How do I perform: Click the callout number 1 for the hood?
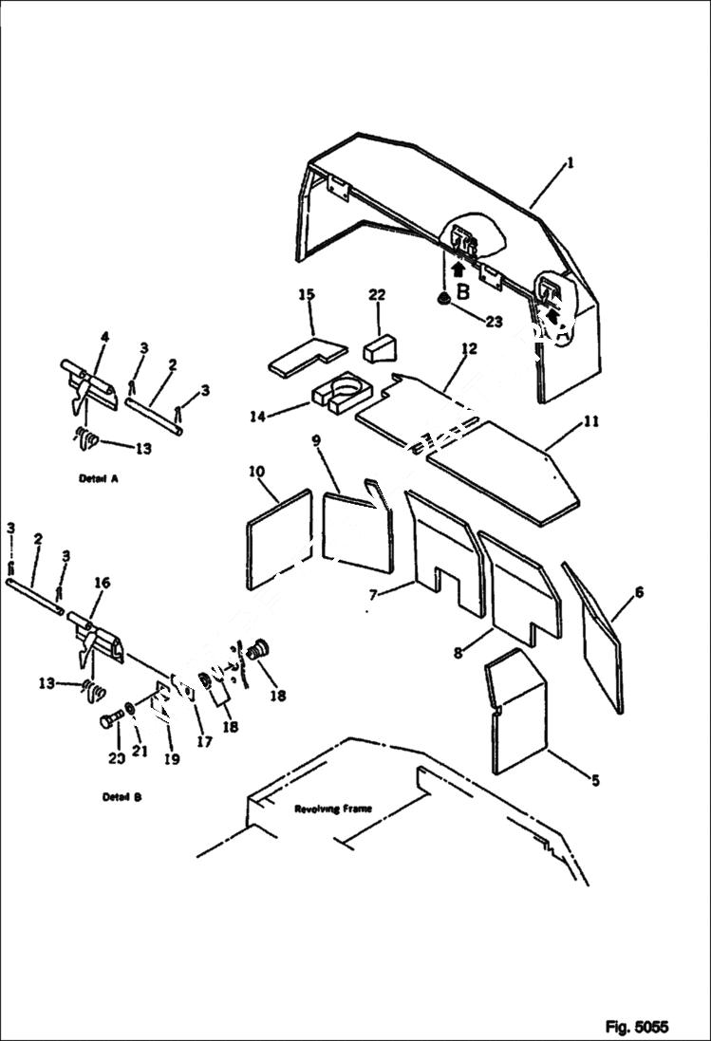[x=570, y=162]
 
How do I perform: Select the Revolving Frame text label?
[x=332, y=809]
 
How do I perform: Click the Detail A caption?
[x=99, y=479]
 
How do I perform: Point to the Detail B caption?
[x=122, y=797]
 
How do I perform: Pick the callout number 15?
[x=307, y=296]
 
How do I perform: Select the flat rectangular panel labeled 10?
[x=278, y=539]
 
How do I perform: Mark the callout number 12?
[x=467, y=349]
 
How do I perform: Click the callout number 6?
[x=639, y=592]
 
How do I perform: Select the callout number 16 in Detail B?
[x=101, y=583]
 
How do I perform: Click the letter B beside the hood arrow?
[x=462, y=292]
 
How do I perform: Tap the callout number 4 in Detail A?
[x=104, y=336]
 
